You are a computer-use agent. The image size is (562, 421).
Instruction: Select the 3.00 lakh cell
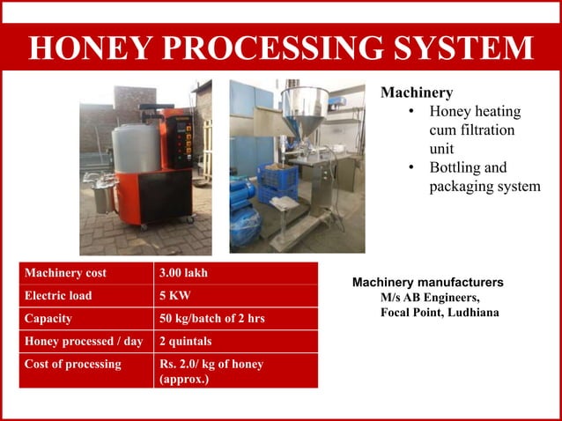183,273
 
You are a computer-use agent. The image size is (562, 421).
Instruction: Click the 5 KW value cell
173,296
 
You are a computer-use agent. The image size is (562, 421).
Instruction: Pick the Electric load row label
58,296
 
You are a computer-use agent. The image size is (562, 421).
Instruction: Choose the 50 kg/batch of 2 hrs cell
211,319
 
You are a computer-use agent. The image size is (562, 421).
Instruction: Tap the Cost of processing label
73,364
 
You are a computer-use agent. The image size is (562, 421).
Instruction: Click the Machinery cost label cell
66,273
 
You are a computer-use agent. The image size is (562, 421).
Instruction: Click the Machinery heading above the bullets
417,92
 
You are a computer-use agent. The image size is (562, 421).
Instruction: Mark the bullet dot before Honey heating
411,112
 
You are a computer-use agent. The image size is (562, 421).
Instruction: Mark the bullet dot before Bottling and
411,167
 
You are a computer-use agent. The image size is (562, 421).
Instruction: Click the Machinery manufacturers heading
428,283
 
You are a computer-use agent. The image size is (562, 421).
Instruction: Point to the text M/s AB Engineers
430,298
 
